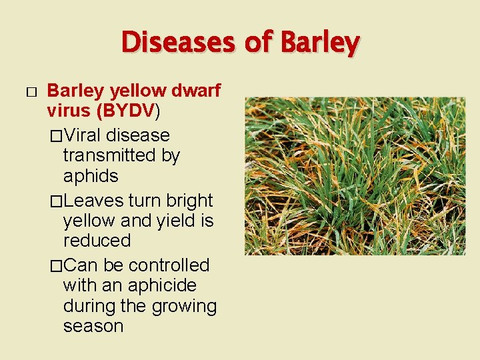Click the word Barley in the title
(x=321, y=43)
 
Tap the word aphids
(x=91, y=176)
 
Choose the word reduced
(x=97, y=240)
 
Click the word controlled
(x=169, y=265)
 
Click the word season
(x=93, y=327)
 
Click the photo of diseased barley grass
(x=355, y=176)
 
